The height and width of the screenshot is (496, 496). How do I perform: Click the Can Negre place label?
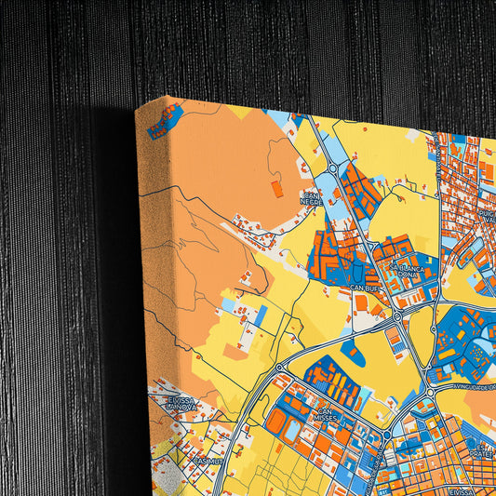click(310, 197)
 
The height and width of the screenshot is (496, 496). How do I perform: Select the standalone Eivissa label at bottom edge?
click(462, 489)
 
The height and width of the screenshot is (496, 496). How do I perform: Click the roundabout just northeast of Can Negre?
click(332, 168)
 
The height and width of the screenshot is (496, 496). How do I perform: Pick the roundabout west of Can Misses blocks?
click(279, 369)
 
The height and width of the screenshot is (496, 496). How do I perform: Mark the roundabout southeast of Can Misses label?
click(384, 435)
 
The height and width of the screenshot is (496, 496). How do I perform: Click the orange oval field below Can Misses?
click(276, 424)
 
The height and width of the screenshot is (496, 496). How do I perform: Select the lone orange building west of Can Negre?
click(275, 188)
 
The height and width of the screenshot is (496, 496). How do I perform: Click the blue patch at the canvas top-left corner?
click(165, 119)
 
